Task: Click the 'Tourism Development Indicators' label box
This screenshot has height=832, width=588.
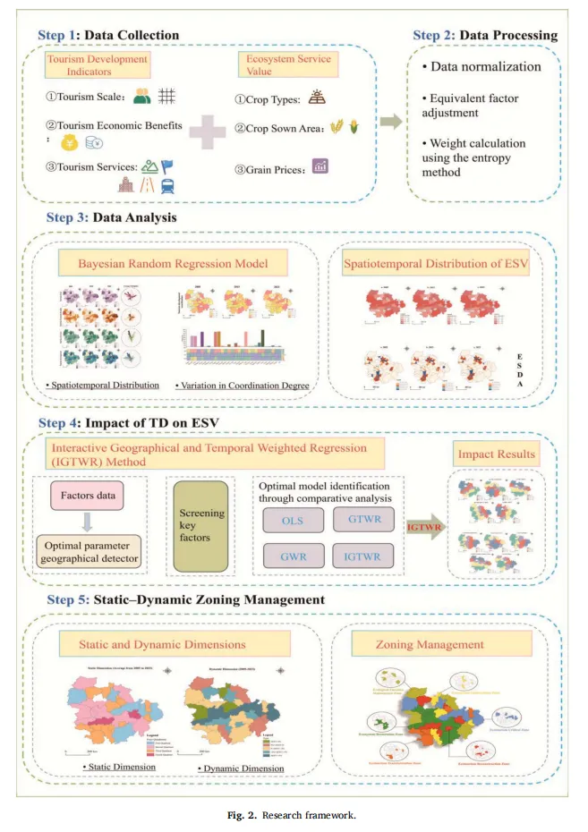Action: point(98,65)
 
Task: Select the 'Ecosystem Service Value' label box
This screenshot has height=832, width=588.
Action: point(283,65)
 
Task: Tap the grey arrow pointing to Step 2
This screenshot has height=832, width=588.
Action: point(389,123)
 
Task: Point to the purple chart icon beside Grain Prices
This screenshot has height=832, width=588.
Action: point(319,165)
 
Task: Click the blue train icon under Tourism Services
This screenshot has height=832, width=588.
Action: point(167,185)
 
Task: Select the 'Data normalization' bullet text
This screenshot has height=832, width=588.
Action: point(485,67)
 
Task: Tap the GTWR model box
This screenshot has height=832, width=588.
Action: point(362,519)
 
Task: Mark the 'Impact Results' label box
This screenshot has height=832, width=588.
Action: point(497,453)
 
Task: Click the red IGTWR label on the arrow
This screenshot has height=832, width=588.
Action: point(419,530)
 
